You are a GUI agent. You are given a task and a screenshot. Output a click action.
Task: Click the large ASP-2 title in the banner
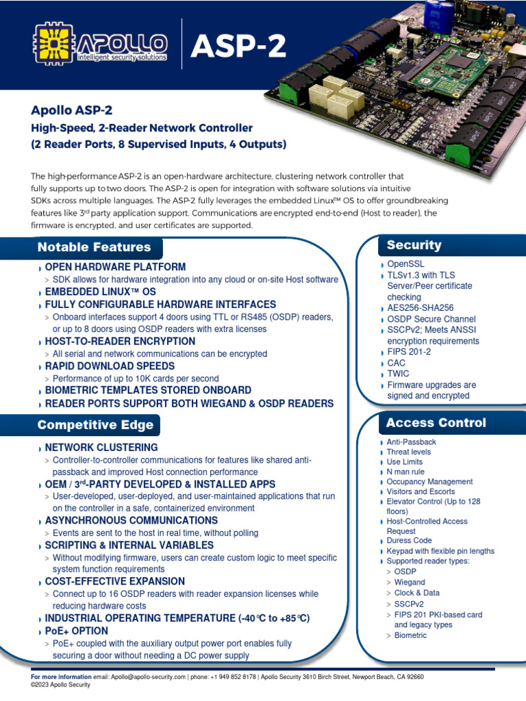(238, 47)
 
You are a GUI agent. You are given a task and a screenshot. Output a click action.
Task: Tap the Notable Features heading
(94, 247)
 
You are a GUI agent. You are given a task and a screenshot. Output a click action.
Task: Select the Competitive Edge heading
(95, 425)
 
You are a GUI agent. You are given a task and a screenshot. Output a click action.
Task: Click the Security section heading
(414, 245)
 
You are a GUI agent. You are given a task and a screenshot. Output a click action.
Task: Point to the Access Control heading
(436, 422)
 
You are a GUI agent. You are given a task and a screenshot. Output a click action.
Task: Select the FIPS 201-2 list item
(410, 352)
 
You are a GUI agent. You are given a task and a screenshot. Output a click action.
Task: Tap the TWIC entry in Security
(398, 374)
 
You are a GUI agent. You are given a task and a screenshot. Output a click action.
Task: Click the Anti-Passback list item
(411, 442)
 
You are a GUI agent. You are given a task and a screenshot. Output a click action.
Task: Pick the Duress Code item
(410, 541)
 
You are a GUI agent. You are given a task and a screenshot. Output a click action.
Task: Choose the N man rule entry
(405, 472)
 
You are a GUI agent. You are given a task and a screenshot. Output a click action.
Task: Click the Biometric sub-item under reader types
(410, 635)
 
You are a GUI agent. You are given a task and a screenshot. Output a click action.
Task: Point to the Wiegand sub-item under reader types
(410, 583)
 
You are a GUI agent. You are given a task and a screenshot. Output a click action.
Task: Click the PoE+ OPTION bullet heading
(76, 630)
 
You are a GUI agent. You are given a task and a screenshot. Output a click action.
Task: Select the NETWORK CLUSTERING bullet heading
(101, 448)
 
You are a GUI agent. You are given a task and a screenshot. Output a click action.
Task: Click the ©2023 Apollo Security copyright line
(61, 685)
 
